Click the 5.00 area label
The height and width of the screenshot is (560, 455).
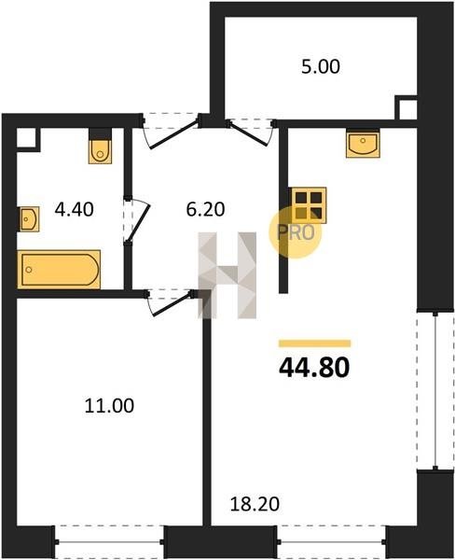321,67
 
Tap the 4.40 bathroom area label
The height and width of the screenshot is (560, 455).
75,209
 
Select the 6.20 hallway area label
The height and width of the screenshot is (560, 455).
205,209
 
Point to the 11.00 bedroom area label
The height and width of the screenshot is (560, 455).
109,406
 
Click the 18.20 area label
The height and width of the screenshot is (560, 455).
255,504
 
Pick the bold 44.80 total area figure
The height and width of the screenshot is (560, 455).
314,368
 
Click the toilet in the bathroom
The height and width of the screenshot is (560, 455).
101,147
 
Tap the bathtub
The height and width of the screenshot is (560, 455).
59,270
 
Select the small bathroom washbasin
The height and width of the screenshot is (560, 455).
29,219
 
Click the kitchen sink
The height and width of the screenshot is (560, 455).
363,143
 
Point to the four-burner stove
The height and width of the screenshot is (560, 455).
309,205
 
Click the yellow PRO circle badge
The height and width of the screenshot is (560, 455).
296,232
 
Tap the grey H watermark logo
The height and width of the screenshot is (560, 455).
227,275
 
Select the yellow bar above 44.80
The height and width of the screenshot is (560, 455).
315,343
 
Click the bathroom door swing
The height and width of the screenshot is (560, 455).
137,220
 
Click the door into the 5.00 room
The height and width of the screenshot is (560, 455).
251,133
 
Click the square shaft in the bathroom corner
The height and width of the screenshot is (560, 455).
26,137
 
